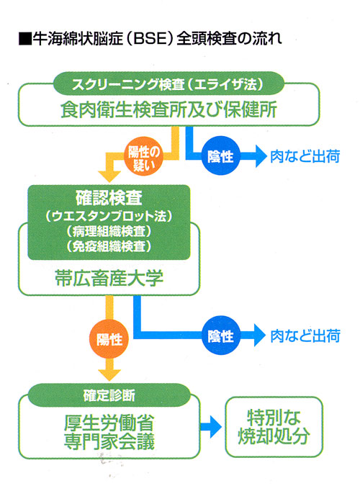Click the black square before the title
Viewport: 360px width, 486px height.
point(25,40)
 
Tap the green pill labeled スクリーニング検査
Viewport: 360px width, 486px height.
point(168,84)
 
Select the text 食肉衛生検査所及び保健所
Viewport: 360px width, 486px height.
point(168,109)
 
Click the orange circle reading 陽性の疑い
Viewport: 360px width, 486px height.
point(143,157)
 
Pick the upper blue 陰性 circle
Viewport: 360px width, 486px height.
point(220,156)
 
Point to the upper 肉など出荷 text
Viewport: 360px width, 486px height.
point(305,156)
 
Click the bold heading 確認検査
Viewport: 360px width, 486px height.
point(109,198)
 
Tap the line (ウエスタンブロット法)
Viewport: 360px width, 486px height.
point(109,216)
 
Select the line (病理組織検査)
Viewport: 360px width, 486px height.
point(109,231)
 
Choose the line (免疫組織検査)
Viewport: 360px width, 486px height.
point(109,246)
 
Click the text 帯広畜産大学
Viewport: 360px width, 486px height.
point(109,278)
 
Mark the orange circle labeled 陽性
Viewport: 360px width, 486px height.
point(109,339)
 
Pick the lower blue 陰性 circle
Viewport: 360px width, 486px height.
point(220,336)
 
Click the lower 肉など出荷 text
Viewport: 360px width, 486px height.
point(305,336)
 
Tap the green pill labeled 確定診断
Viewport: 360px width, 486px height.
point(109,395)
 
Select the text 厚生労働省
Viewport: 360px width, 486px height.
point(109,423)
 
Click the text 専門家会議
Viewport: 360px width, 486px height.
point(109,441)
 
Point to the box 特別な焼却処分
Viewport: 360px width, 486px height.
point(274,427)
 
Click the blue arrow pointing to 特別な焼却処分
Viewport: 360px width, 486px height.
point(211,427)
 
